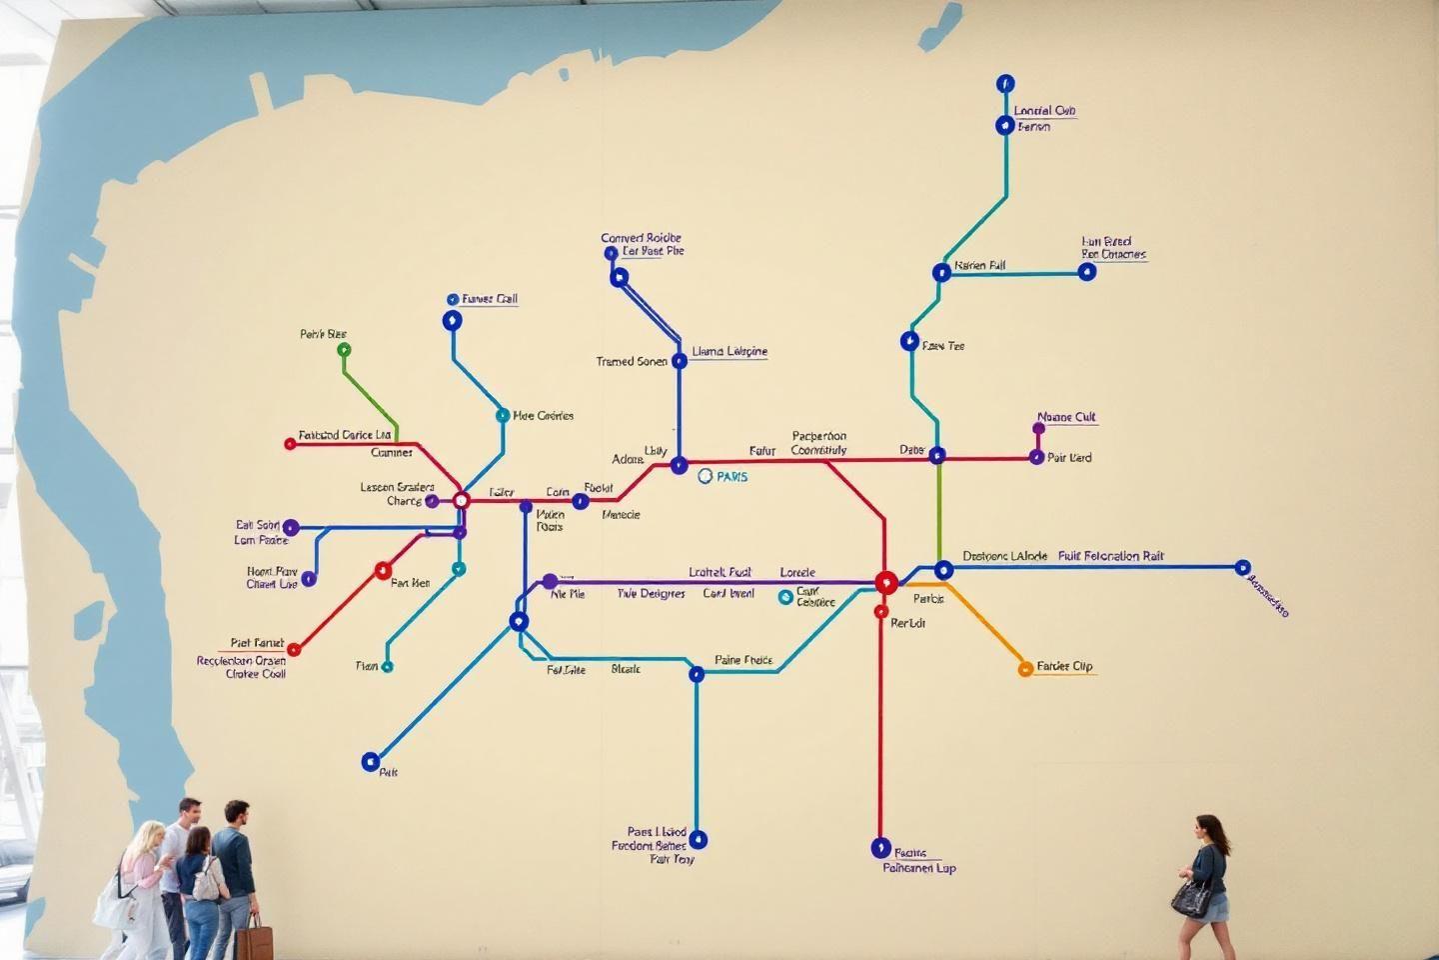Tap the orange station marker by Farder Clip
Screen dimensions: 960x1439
point(1024,669)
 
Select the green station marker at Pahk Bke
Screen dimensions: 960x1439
point(344,350)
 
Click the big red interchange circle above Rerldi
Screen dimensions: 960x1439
point(885,582)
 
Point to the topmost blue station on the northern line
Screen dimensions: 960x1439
point(1005,83)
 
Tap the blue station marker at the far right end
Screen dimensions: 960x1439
point(1242,568)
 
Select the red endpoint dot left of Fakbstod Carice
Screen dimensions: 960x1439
point(290,443)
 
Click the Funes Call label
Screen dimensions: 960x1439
point(490,299)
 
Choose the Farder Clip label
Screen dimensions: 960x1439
point(1064,666)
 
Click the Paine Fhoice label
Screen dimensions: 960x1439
point(743,660)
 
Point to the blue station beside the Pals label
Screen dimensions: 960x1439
point(370,762)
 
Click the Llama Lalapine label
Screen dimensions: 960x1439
point(729,352)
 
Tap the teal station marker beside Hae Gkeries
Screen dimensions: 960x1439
point(503,415)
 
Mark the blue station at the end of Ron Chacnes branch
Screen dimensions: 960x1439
point(1087,271)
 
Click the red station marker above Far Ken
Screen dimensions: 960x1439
point(383,571)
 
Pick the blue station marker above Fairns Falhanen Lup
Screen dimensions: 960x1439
point(880,848)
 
